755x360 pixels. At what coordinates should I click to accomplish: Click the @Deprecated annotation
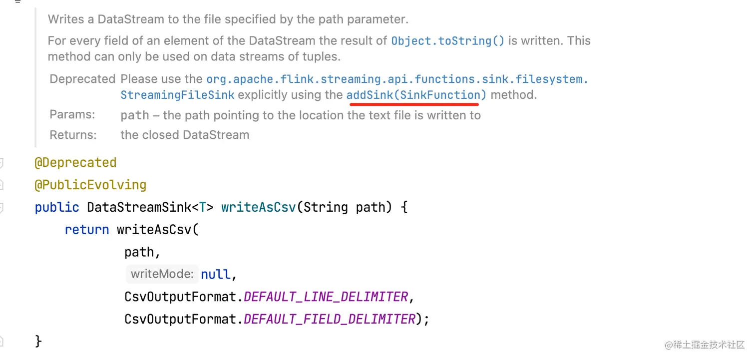(75, 163)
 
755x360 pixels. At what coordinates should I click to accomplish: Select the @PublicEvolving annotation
(90, 185)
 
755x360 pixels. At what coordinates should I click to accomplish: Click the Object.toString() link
(448, 41)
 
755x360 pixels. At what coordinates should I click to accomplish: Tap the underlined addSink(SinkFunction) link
(416, 95)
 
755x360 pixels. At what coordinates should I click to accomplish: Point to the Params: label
(72, 115)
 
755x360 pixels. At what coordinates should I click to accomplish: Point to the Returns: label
(73, 135)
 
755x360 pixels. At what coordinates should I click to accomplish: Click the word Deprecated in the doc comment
(82, 79)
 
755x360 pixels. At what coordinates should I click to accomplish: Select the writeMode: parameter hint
(162, 274)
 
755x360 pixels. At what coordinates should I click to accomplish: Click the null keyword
(216, 274)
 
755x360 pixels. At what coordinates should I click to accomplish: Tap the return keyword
(87, 230)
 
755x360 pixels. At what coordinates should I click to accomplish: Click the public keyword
(57, 207)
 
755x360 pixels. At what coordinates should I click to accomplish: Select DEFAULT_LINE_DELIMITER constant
(326, 297)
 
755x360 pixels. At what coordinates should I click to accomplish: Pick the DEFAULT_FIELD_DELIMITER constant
(330, 319)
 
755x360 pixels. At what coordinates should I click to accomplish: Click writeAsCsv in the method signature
(259, 207)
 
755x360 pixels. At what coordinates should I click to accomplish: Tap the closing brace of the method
(38, 341)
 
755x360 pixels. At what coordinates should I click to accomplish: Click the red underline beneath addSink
(414, 105)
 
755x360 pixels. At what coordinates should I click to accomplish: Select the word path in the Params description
(134, 115)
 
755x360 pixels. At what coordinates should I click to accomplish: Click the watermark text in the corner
(704, 345)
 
